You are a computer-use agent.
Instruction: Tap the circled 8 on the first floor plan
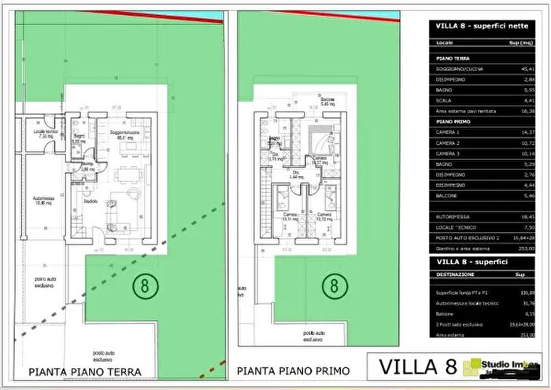(334, 284)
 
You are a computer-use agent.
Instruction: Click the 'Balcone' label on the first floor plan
(327, 101)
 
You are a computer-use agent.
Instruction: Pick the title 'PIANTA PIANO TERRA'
(85, 371)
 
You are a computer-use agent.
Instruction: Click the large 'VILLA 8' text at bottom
(418, 367)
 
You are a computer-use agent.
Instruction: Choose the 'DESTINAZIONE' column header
(456, 274)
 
